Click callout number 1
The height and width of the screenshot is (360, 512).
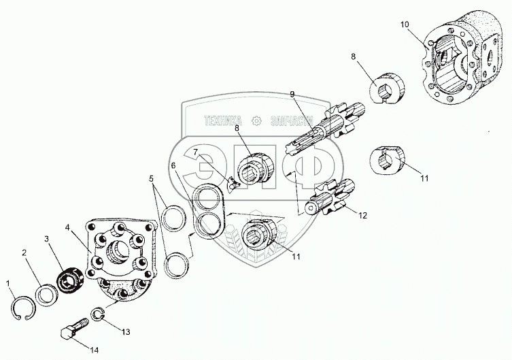click(x=9, y=282)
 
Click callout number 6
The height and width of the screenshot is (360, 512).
click(x=173, y=165)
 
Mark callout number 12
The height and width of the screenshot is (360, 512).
click(x=362, y=216)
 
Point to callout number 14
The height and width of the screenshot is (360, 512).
click(x=94, y=350)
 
